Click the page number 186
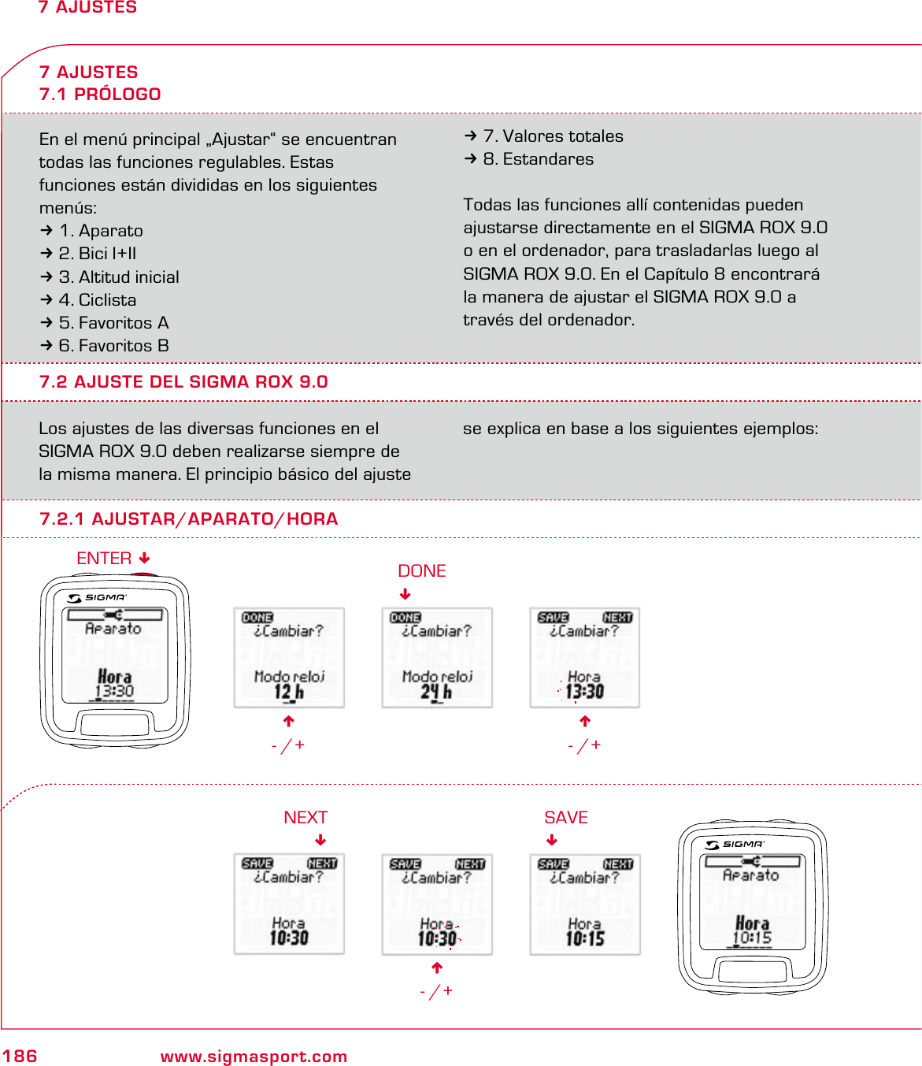tap(20, 1056)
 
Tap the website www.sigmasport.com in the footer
tap(254, 1057)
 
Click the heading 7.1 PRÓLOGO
tap(100, 94)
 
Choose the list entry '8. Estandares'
tap(538, 159)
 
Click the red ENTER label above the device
tap(104, 558)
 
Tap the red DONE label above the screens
tap(421, 570)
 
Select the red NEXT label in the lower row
tap(305, 817)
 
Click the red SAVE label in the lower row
tap(566, 817)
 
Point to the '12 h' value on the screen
tap(288, 693)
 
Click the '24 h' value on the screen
tap(436, 693)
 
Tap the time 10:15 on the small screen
tap(585, 938)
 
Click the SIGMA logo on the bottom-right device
tap(735, 845)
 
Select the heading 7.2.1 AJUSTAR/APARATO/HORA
tap(188, 519)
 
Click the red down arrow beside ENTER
tap(144, 558)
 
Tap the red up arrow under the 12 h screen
tap(289, 721)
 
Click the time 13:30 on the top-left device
tap(115, 692)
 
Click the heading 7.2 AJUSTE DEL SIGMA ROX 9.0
tap(183, 382)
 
